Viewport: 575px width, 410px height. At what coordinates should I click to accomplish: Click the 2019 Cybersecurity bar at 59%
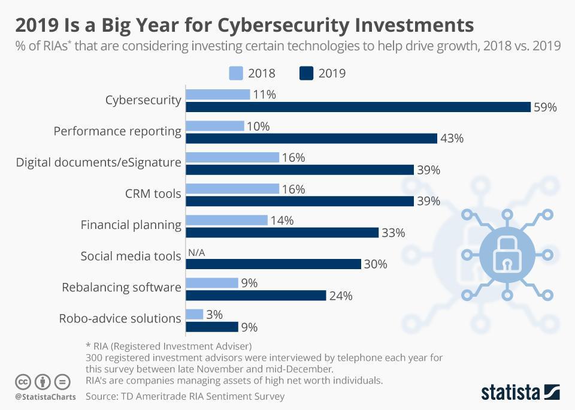pyautogui.click(x=358, y=107)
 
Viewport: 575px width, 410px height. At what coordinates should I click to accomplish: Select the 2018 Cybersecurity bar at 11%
pyautogui.click(x=218, y=94)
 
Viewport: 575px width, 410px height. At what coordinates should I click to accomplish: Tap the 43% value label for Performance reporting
pyautogui.click(x=452, y=138)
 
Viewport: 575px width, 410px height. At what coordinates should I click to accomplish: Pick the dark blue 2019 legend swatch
pyautogui.click(x=305, y=73)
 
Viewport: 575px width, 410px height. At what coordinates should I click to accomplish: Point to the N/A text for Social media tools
pyautogui.click(x=196, y=253)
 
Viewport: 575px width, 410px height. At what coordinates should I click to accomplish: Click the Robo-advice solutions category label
pyautogui.click(x=120, y=318)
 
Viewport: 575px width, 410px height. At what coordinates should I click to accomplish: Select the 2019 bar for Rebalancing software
pyautogui.click(x=256, y=296)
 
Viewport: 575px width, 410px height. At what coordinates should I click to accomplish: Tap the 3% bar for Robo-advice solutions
pyautogui.click(x=195, y=314)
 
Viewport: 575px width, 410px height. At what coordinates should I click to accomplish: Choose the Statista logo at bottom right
pyautogui.click(x=520, y=393)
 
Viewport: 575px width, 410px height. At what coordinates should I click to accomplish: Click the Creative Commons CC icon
pyautogui.click(x=23, y=381)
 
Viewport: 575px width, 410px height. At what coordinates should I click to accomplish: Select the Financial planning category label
pyautogui.click(x=131, y=225)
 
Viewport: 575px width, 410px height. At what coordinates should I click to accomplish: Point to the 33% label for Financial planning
pyautogui.click(x=394, y=233)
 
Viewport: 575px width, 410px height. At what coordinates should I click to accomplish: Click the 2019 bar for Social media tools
pyautogui.click(x=273, y=264)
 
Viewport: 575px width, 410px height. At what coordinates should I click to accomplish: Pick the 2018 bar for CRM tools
pyautogui.click(x=232, y=189)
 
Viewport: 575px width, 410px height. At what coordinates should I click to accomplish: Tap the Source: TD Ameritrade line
pyautogui.click(x=185, y=396)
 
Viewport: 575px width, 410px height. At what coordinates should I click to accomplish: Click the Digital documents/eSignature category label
pyautogui.click(x=98, y=162)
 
